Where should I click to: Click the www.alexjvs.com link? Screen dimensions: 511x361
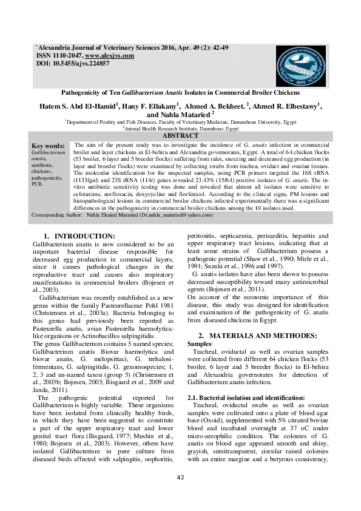click(x=109, y=55)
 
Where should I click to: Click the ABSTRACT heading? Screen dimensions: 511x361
click(x=181, y=137)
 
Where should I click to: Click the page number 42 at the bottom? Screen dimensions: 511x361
click(x=180, y=495)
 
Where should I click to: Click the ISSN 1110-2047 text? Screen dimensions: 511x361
click(x=59, y=55)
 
